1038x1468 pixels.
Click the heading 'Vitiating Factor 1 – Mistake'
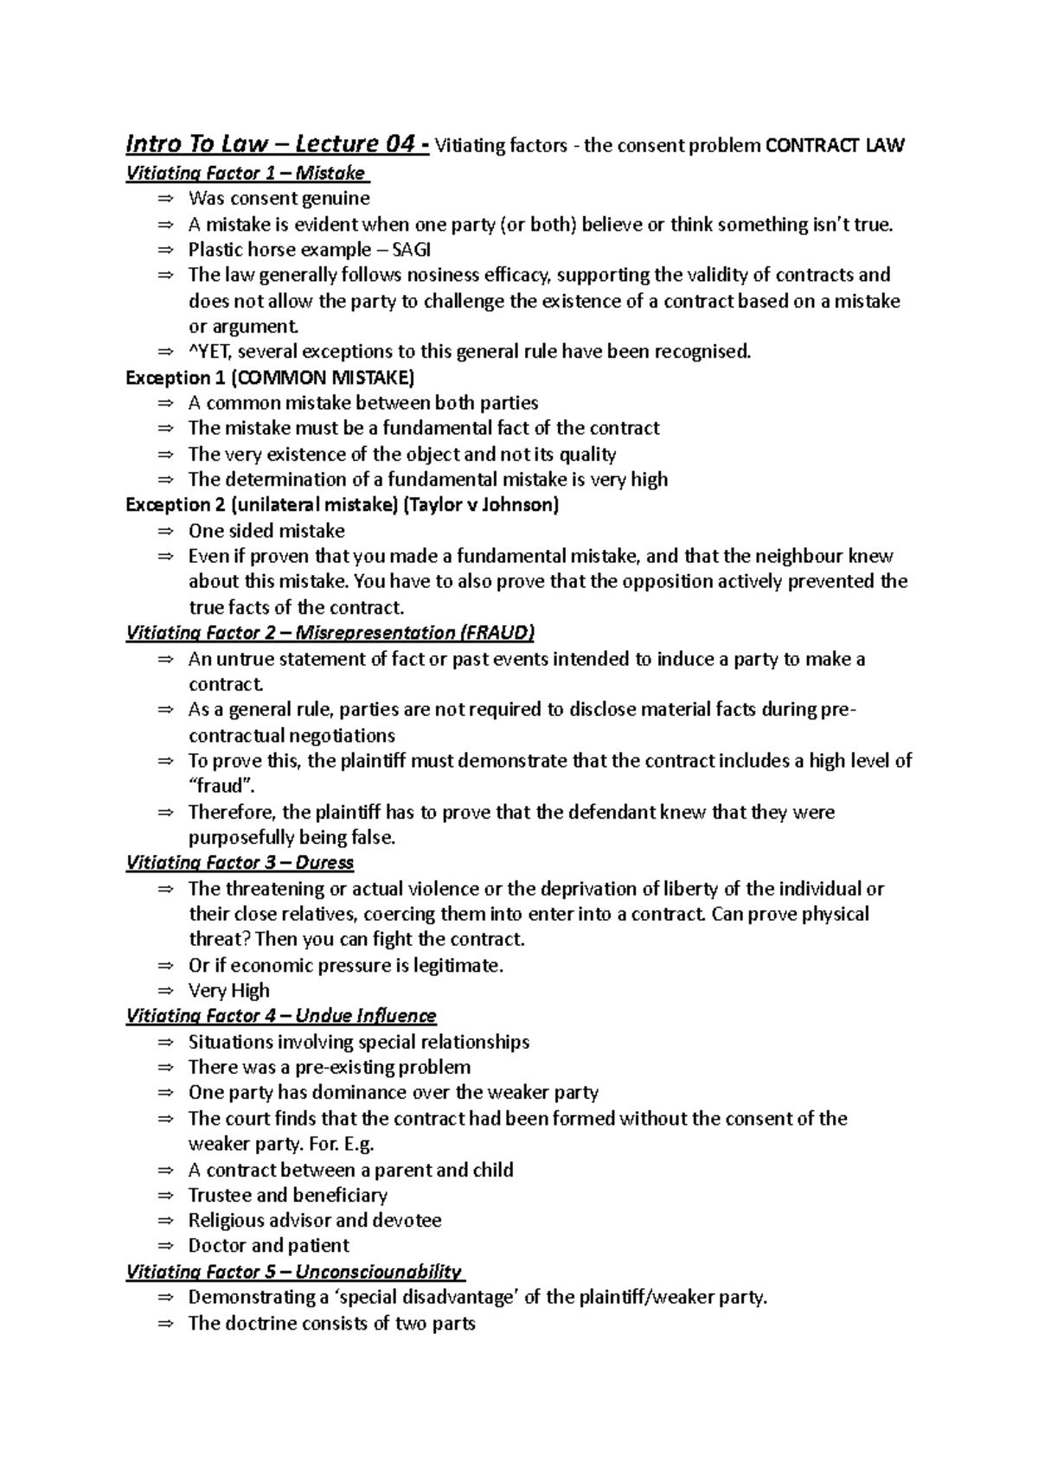tap(247, 173)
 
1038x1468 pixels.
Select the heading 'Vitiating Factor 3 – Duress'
tap(240, 863)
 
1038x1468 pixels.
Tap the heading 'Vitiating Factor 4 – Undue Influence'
tap(281, 1016)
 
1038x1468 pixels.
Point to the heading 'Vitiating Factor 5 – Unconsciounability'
tap(294, 1272)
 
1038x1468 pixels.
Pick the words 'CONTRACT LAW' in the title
tap(835, 145)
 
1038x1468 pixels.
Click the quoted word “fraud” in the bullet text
tap(221, 786)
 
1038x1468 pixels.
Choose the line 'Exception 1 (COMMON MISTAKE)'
tap(270, 378)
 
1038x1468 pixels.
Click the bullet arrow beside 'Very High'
tap(165, 991)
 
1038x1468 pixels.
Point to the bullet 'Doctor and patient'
tap(268, 1246)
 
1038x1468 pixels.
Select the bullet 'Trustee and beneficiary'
tap(287, 1195)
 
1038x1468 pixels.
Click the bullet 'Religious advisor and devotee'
tap(315, 1221)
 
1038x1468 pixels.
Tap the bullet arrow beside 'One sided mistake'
tap(165, 531)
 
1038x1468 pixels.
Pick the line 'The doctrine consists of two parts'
tap(331, 1323)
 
